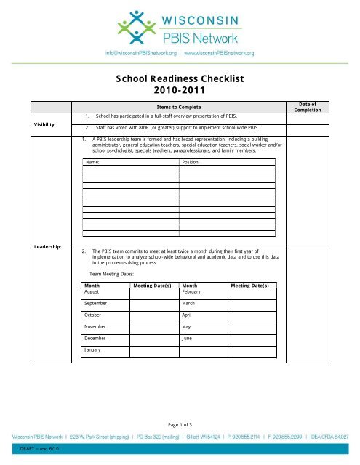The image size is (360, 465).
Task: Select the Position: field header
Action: tap(191, 163)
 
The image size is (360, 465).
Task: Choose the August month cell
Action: tap(94, 291)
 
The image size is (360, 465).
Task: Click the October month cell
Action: tap(95, 316)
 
